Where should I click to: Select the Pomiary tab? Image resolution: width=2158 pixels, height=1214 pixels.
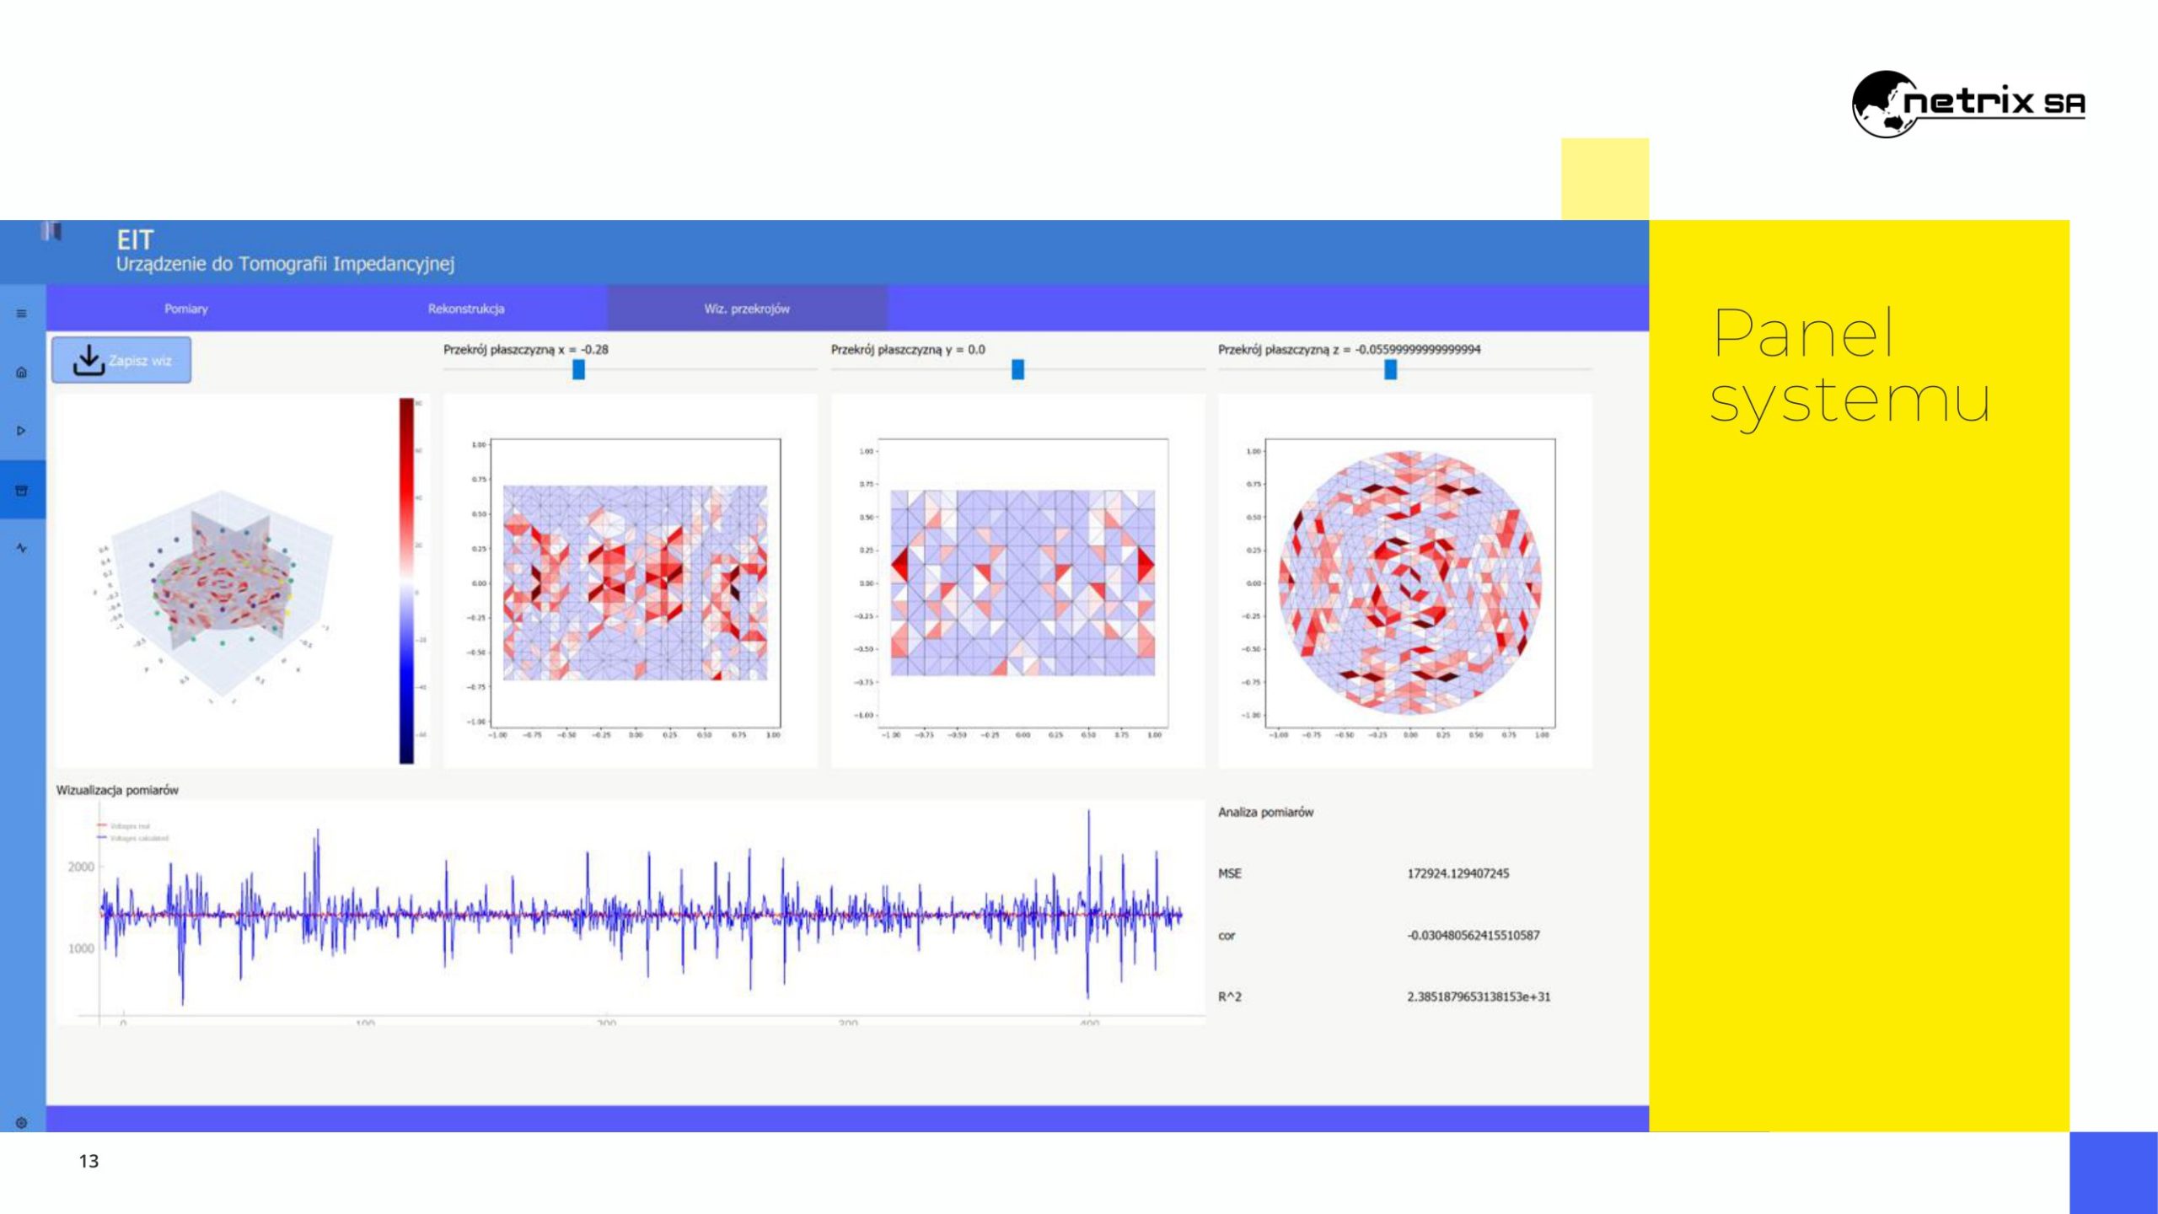coord(186,309)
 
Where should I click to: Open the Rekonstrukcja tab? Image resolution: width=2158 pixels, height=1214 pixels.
coord(466,309)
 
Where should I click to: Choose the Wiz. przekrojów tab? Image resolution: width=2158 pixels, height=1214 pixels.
coord(747,309)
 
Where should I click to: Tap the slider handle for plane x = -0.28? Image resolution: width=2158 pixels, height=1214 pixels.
coord(578,369)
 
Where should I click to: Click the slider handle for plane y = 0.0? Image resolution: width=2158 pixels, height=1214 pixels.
coord(1017,369)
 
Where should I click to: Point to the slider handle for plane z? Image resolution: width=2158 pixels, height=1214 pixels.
coord(1390,369)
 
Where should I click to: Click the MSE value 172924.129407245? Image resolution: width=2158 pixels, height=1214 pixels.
coord(1457,873)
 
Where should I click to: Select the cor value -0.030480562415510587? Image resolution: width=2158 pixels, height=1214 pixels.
coord(1473,935)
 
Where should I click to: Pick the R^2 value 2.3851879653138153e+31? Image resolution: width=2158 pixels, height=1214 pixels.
coord(1478,996)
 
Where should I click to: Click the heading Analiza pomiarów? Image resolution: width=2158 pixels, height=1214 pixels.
coord(1265,812)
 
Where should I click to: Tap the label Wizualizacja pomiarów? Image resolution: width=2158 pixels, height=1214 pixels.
coord(117,790)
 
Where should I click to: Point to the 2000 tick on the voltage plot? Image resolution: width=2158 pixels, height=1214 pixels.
coord(81,867)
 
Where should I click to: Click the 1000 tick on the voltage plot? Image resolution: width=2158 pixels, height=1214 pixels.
coord(81,948)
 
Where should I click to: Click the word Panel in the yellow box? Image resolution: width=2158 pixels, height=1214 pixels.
coord(1804,334)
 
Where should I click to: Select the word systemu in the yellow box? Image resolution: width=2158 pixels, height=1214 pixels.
coord(1849,401)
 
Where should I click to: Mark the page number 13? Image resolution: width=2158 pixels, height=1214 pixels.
coord(89,1161)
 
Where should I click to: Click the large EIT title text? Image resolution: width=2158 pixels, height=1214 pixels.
coord(135,240)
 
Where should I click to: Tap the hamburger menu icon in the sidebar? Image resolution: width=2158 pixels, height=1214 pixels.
coord(22,314)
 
